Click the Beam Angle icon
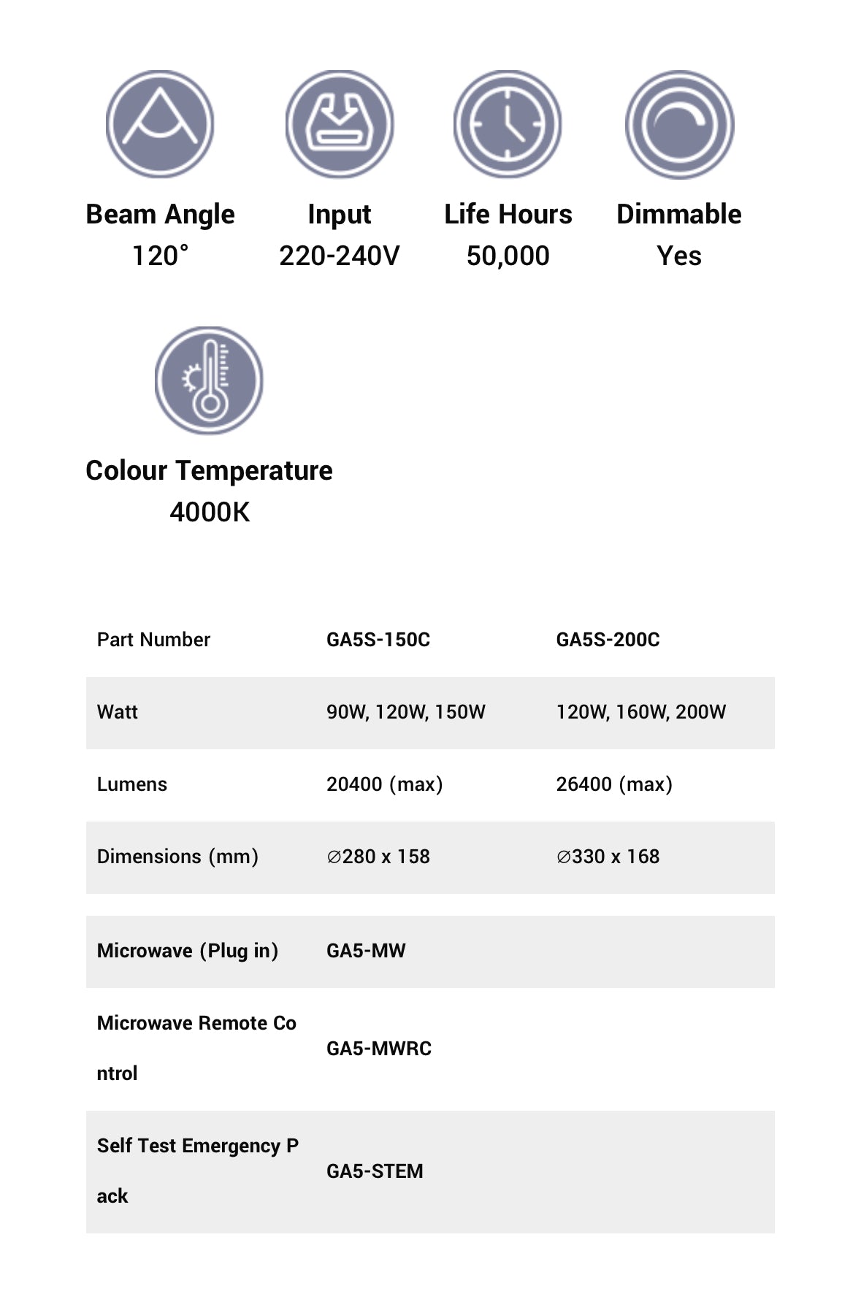coord(160,124)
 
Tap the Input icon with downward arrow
coord(339,124)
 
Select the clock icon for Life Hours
coord(508,124)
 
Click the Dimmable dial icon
coord(679,124)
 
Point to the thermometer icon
coord(209,380)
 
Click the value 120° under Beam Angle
coord(160,256)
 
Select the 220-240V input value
coord(339,256)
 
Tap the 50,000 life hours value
coord(508,256)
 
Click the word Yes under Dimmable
coord(679,256)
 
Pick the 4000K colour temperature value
coord(210,512)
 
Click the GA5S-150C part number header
coord(378,640)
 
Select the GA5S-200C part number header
coord(608,640)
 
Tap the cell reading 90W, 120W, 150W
coord(405,712)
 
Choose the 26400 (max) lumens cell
coord(614,784)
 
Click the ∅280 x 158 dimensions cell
coord(378,857)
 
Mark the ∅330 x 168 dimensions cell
coord(608,857)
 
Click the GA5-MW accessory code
coord(366,951)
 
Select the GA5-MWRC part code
coord(379,1049)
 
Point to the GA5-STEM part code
coord(375,1171)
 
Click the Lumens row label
coord(132,784)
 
